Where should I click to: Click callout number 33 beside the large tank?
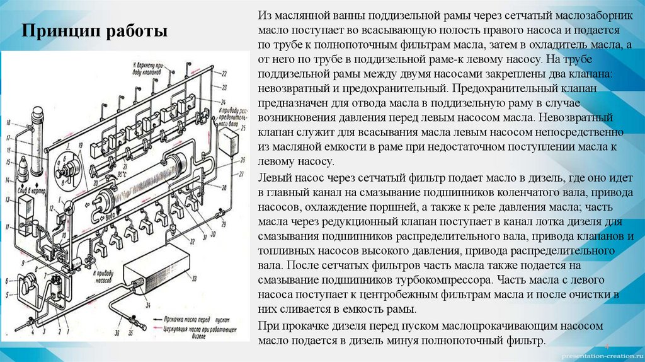pyautogui.click(x=194, y=278)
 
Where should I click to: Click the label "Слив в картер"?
pyautogui.click(x=31, y=188)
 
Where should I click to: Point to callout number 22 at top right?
pyautogui.click(x=224, y=74)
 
